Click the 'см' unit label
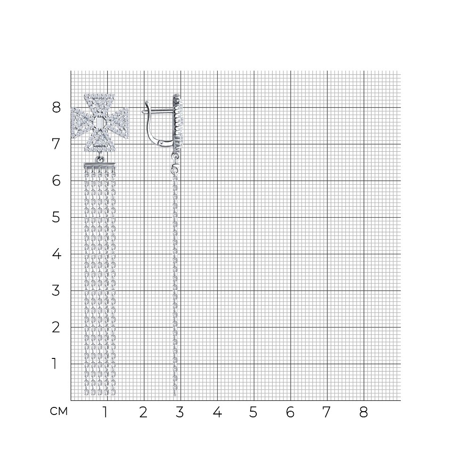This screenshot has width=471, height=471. tap(59, 411)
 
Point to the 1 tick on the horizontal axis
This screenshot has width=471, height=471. tap(105, 412)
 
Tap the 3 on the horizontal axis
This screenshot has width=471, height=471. tap(179, 412)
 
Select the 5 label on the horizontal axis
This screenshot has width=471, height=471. tap(253, 412)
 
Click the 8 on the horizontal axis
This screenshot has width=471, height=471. tap(364, 412)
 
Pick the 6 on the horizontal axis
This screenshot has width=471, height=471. tap(290, 412)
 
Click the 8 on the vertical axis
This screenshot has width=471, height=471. tap(56, 107)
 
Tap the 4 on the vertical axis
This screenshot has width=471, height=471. tap(56, 254)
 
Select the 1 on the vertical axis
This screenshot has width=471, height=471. tap(54, 364)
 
